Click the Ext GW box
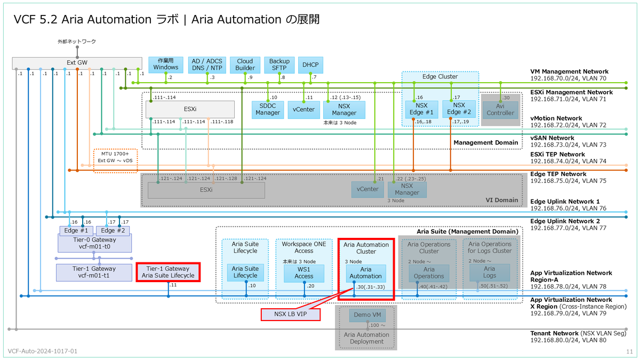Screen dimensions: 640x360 coord(77,63)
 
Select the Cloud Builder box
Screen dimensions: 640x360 coord(245,65)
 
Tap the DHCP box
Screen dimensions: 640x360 coord(310,65)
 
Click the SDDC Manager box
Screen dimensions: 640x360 coord(268,109)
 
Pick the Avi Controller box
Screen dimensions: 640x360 coord(500,110)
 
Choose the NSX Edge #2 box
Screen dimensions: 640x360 coord(459,109)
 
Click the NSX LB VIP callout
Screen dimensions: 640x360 coord(291,314)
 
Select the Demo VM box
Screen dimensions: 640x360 coord(367,315)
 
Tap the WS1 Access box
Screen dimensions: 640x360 coord(303,273)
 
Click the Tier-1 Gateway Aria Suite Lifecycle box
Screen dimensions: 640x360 coord(168,273)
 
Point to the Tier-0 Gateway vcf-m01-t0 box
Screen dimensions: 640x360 coord(94,243)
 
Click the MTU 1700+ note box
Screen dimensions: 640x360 coord(115,161)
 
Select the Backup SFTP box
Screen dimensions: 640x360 coord(279,65)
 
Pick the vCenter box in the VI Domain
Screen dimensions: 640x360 coord(367,189)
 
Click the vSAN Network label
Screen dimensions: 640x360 coord(553,138)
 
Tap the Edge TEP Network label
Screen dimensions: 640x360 coord(558,174)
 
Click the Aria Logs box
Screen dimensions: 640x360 coord(490,273)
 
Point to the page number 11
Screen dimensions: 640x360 coord(629,351)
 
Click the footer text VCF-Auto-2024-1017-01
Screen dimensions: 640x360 coord(43,351)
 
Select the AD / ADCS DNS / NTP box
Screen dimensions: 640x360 coord(207,65)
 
